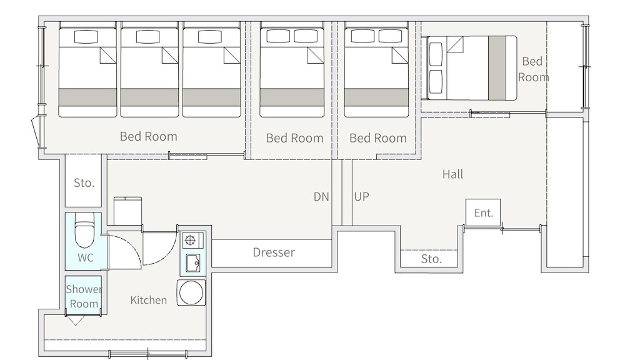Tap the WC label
coord(85,257)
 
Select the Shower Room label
coord(84,296)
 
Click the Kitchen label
coord(148,300)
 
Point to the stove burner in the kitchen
coord(190,240)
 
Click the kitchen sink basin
coord(192,262)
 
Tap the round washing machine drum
coord(191,292)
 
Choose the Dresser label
coord(274,252)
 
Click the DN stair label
coord(321,196)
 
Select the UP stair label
coord(361,196)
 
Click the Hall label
coord(452,174)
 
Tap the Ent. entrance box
coord(483,212)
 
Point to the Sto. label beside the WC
coord(84,183)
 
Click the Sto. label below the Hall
coord(431,259)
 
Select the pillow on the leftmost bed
coord(86,37)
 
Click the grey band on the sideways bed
coord(497,67)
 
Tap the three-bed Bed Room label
coord(148,136)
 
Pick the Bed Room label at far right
coord(533,69)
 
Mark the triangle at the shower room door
coord(76,321)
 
